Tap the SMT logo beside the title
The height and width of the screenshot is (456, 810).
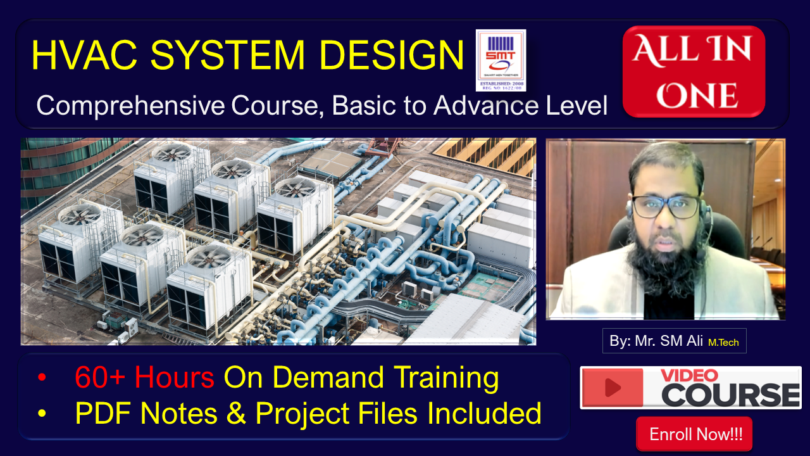tap(501, 60)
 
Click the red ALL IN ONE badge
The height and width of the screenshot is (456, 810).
tap(694, 72)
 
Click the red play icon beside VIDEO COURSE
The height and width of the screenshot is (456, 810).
tap(613, 387)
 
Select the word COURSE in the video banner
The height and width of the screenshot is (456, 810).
tap(731, 395)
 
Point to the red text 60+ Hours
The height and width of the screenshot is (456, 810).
tap(144, 378)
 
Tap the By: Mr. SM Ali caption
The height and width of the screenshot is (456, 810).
tap(656, 341)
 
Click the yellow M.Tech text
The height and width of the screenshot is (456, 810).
tap(723, 342)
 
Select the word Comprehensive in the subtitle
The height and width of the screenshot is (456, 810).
tap(130, 105)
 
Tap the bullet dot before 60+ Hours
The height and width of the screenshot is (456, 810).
tap(42, 378)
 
